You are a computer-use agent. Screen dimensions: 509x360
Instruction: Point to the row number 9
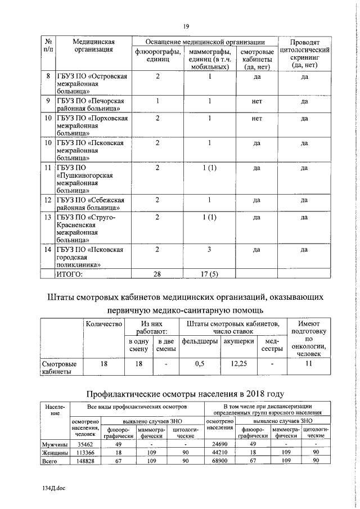point(48,101)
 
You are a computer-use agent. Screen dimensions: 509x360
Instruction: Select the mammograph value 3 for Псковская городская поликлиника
point(209,249)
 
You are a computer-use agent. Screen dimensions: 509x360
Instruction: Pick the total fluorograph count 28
point(157,274)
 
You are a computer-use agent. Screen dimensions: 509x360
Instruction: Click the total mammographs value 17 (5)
point(209,274)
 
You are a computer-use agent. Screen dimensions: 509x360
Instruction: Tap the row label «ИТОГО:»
point(70,274)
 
